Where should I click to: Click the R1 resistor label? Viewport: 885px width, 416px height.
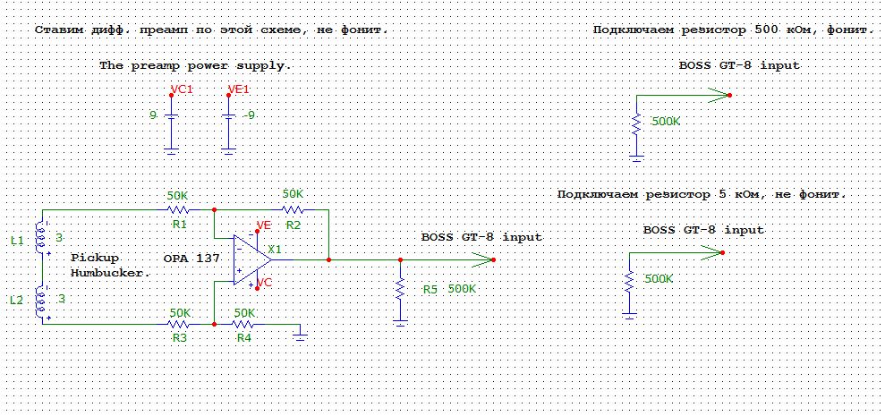coord(180,225)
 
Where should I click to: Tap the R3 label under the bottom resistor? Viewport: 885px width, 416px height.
coord(180,338)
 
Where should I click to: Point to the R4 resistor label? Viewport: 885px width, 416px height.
coord(244,338)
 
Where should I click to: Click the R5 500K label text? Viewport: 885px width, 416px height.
coord(450,289)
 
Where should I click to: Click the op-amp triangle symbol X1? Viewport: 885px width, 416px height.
coord(252,260)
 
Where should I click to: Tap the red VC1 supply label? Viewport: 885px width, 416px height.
coord(182,89)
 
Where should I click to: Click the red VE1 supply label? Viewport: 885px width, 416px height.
coord(238,89)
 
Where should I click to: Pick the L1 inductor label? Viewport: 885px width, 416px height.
coord(18,241)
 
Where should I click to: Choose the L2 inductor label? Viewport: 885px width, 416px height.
coord(18,301)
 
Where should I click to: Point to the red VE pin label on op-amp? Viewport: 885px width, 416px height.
coord(264,225)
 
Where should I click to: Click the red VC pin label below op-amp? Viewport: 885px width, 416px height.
coord(264,282)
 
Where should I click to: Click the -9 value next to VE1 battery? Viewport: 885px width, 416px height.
coord(249,115)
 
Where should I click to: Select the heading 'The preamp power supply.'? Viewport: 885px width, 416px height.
coord(196,65)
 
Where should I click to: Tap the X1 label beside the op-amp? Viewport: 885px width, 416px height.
coord(275,249)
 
